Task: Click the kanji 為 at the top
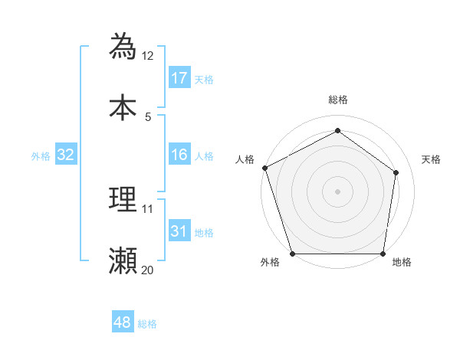coord(123,46)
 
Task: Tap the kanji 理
coord(123,199)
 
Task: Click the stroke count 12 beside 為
coord(148,56)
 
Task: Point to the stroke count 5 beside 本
coord(148,116)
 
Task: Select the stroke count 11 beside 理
coord(148,208)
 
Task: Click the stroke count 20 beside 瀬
coord(148,270)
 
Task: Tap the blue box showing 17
coord(179,78)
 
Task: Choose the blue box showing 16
coord(179,155)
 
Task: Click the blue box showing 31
coord(179,231)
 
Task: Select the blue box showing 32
coord(66,155)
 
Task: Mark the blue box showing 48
coord(123,322)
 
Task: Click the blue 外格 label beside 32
coord(41,155)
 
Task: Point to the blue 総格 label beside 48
coord(147,324)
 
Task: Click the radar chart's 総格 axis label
coord(338,100)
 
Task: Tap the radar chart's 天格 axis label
coord(432,159)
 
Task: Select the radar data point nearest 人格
coord(264,168)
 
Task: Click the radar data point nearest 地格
coord(383,254)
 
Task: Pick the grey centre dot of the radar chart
coord(338,191)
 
